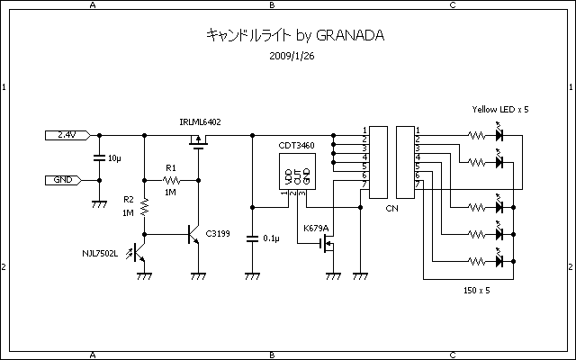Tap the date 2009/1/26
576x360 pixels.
tap(291, 56)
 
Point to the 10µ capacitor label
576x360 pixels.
tap(114, 158)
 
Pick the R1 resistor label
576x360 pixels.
tap(171, 168)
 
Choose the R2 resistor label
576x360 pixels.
tap(129, 200)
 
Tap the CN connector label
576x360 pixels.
tap(391, 208)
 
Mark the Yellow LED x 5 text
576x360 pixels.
tap(500, 109)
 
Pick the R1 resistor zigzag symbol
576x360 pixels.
tap(171, 180)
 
